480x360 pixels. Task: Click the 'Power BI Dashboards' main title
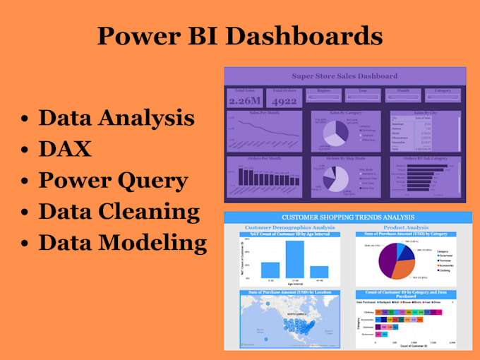(240, 35)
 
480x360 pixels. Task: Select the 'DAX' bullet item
(64, 148)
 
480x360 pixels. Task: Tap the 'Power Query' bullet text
(112, 180)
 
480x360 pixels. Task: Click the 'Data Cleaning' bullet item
(119, 211)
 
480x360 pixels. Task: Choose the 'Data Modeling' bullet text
(121, 242)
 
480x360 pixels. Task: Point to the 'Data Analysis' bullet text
(116, 118)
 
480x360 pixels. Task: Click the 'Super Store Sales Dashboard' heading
(344, 76)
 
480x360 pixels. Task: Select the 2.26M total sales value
(244, 101)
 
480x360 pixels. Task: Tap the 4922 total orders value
(284, 101)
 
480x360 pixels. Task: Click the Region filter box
(323, 97)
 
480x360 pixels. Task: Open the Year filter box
(363, 97)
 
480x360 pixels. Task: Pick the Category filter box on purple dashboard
(443, 97)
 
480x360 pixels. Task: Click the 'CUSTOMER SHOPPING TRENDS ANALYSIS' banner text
(347, 217)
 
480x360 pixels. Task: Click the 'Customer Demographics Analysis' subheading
(289, 227)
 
